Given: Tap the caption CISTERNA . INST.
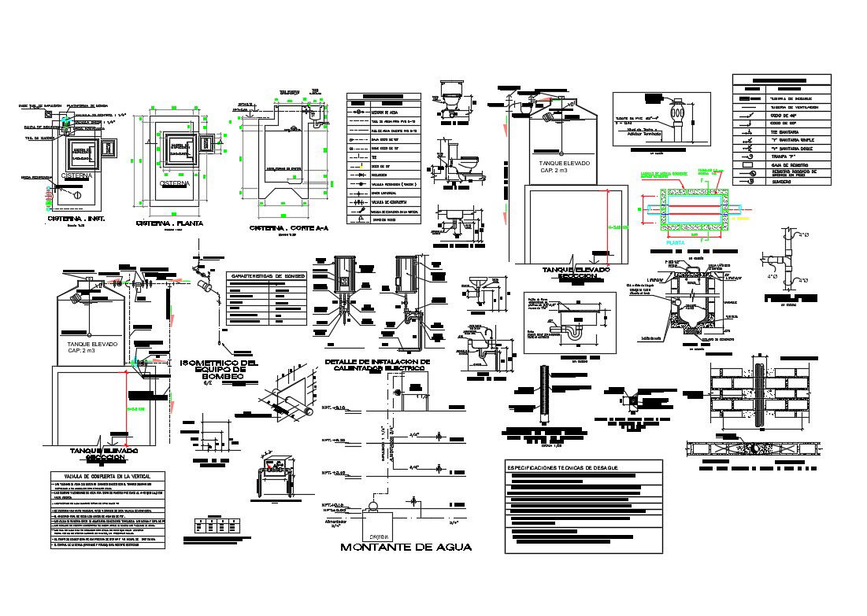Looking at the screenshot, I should [76, 218].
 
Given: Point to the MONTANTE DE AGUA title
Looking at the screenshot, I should [406, 548].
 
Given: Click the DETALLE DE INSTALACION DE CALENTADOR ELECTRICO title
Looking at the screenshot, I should [377, 364].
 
